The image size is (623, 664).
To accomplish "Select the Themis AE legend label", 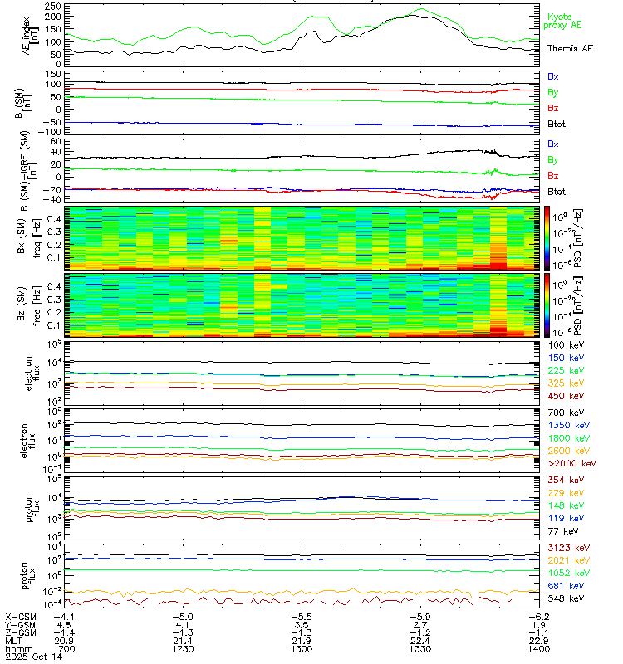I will click(x=570, y=49).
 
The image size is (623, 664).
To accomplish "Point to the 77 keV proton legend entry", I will click(x=559, y=530).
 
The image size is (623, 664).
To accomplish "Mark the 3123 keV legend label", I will click(x=564, y=549).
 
